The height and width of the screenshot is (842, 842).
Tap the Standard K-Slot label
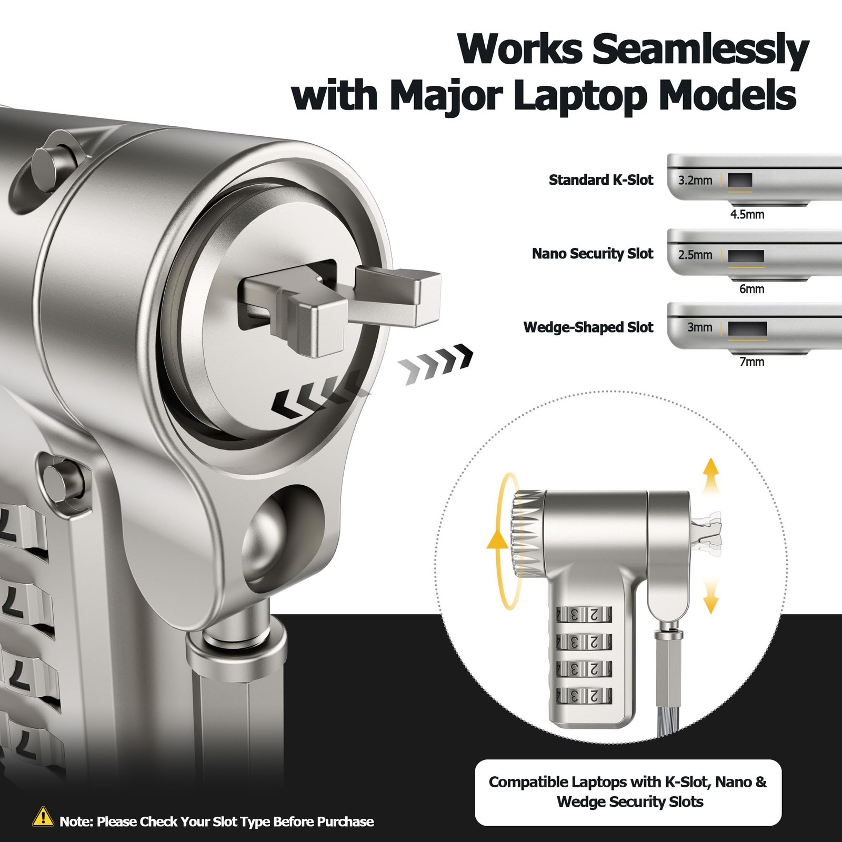click(x=600, y=180)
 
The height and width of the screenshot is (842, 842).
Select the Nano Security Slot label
click(x=592, y=254)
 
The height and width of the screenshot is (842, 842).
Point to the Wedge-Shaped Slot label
click(x=588, y=327)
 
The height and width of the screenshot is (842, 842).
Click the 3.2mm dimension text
click(x=695, y=181)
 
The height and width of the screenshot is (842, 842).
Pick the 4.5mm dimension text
click(x=747, y=214)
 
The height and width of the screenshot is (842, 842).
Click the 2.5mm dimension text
click(x=695, y=255)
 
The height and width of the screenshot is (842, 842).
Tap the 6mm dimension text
click(x=751, y=288)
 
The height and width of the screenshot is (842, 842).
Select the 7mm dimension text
click(x=751, y=362)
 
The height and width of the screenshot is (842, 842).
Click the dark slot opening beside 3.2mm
click(x=740, y=181)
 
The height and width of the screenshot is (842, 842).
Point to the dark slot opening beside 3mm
click(x=747, y=328)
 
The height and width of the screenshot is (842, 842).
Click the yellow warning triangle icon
click(x=43, y=816)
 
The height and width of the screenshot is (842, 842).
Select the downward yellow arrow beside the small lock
click(x=711, y=595)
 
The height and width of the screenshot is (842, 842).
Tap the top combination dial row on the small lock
click(x=585, y=614)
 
